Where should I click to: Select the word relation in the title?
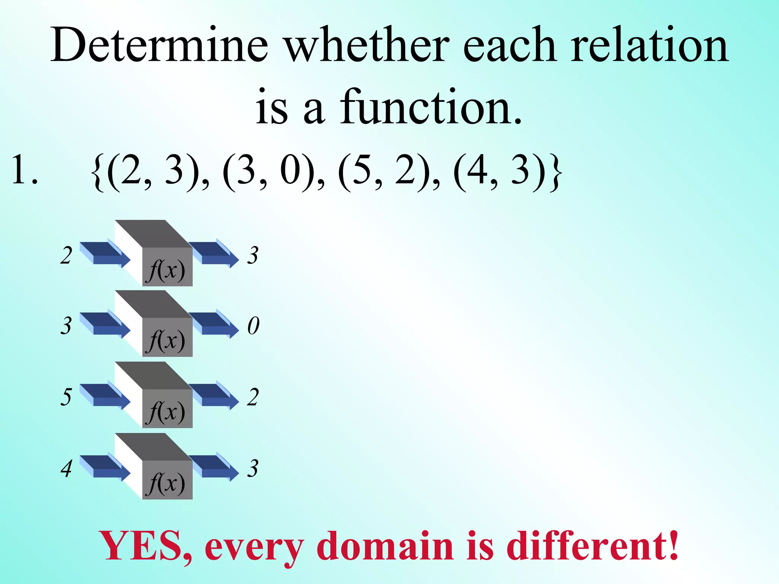pos(649,45)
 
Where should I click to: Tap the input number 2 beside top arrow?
pos(66,255)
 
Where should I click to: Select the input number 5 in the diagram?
pos(66,397)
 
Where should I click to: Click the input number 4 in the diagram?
pos(67,468)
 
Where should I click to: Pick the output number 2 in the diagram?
pos(253,397)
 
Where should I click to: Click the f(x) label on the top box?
pos(167,271)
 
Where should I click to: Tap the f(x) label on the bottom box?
pos(167,484)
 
